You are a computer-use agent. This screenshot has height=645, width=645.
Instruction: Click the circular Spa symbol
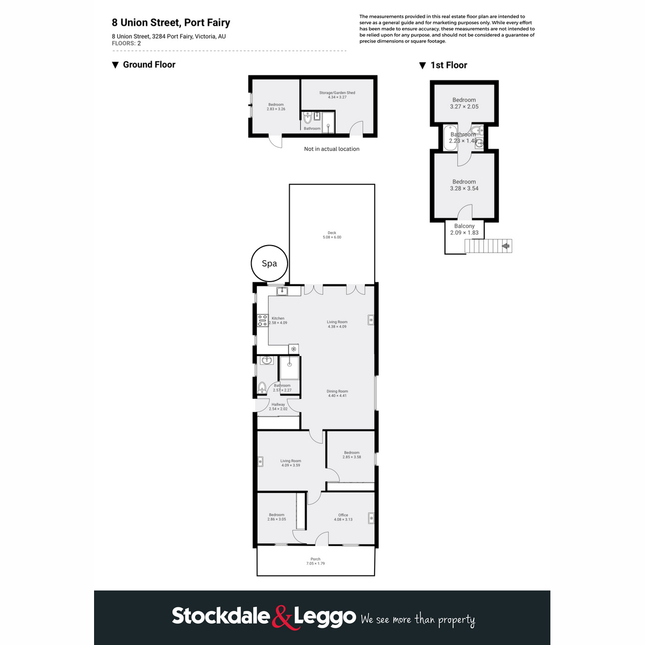pyautogui.click(x=269, y=263)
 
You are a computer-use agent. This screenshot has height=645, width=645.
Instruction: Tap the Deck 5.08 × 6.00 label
pyautogui.click(x=332, y=235)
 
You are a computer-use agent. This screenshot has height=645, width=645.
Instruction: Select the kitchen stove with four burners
pyautogui.click(x=262, y=321)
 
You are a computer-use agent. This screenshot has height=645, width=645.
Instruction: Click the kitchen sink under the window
pyautogui.click(x=282, y=291)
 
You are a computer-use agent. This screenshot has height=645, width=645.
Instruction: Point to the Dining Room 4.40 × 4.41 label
pyautogui.click(x=337, y=393)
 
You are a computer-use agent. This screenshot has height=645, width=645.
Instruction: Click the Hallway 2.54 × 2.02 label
pyautogui.click(x=278, y=407)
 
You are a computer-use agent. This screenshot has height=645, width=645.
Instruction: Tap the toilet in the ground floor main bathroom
pyautogui.click(x=262, y=387)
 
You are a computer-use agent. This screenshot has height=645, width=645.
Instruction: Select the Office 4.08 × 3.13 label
pyautogui.click(x=343, y=517)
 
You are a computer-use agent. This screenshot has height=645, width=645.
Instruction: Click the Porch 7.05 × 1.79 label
pyautogui.click(x=316, y=561)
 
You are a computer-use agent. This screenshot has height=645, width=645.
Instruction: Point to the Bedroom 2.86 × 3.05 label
pyautogui.click(x=276, y=517)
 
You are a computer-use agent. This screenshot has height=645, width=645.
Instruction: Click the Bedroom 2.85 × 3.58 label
pyautogui.click(x=352, y=455)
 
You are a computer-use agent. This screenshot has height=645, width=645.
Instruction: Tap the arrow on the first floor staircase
pyautogui.click(x=505, y=246)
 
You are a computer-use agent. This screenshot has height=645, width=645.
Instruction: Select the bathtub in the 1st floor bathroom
pyautogui.click(x=449, y=138)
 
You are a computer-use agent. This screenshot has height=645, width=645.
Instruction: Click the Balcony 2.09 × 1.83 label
pyautogui.click(x=464, y=230)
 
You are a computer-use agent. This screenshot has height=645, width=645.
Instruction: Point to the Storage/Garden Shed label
pyautogui.click(x=337, y=95)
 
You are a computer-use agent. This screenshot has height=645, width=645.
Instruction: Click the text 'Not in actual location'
pyautogui.click(x=332, y=149)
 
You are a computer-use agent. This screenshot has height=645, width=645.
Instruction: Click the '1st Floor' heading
pyautogui.click(x=448, y=65)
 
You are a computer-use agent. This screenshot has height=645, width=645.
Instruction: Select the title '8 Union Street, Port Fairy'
pyautogui.click(x=171, y=23)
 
